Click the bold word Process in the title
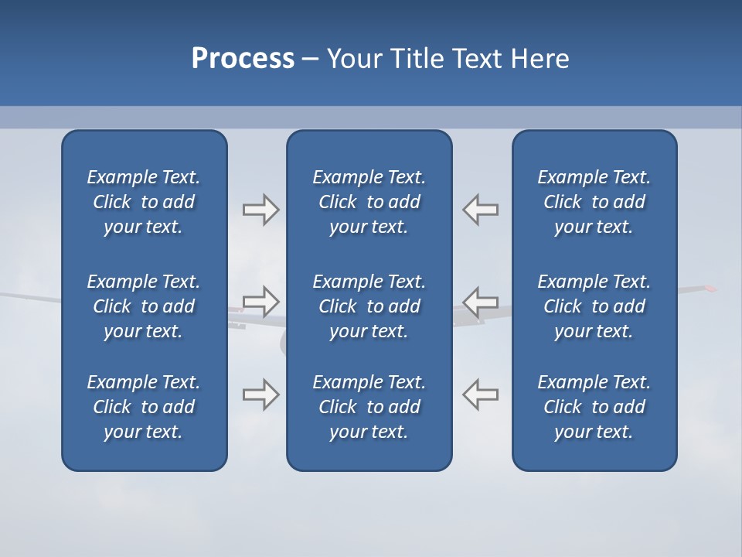click(243, 59)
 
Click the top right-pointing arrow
click(260, 210)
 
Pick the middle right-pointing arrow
click(260, 301)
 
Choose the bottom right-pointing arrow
click(260, 395)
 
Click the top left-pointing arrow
click(481, 210)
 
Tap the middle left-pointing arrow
click(481, 301)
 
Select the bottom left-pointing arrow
click(481, 395)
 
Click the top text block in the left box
click(144, 202)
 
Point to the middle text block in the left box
click(144, 306)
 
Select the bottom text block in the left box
click(144, 407)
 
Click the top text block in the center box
click(369, 202)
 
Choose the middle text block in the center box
click(369, 306)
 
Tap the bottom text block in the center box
click(369, 407)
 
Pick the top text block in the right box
click(594, 202)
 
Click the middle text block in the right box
click(594, 306)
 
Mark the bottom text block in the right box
click(594, 407)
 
